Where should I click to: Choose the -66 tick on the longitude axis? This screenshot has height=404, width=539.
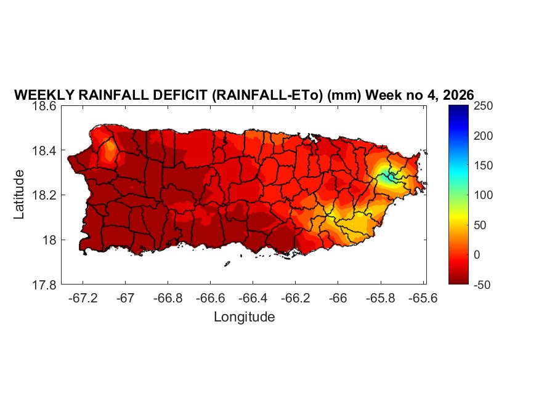pos(337,297)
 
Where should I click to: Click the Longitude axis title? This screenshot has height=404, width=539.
pos(244,317)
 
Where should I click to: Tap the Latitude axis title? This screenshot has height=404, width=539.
pos(20,195)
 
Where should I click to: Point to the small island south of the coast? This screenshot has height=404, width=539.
pos(227,264)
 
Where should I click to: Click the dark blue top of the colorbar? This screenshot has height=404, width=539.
pos(458,111)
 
